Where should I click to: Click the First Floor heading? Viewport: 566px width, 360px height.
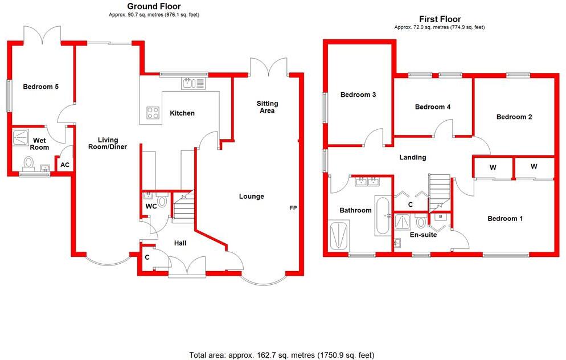439,19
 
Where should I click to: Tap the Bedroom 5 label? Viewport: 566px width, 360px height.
40,87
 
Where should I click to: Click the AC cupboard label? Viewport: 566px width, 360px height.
65,165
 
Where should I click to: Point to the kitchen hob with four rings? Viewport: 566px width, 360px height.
153,112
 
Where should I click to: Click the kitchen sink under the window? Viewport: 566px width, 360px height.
193,84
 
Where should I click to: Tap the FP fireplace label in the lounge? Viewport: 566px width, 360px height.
293,208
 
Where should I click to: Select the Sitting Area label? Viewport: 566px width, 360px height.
267,107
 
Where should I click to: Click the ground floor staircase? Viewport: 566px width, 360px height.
183,207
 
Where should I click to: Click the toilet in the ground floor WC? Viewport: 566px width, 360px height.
162,201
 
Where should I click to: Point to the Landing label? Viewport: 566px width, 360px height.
412,157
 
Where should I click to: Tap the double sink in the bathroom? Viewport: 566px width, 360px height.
367,182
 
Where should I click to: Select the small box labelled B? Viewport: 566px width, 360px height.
440,217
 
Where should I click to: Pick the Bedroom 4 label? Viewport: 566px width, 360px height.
433,107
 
